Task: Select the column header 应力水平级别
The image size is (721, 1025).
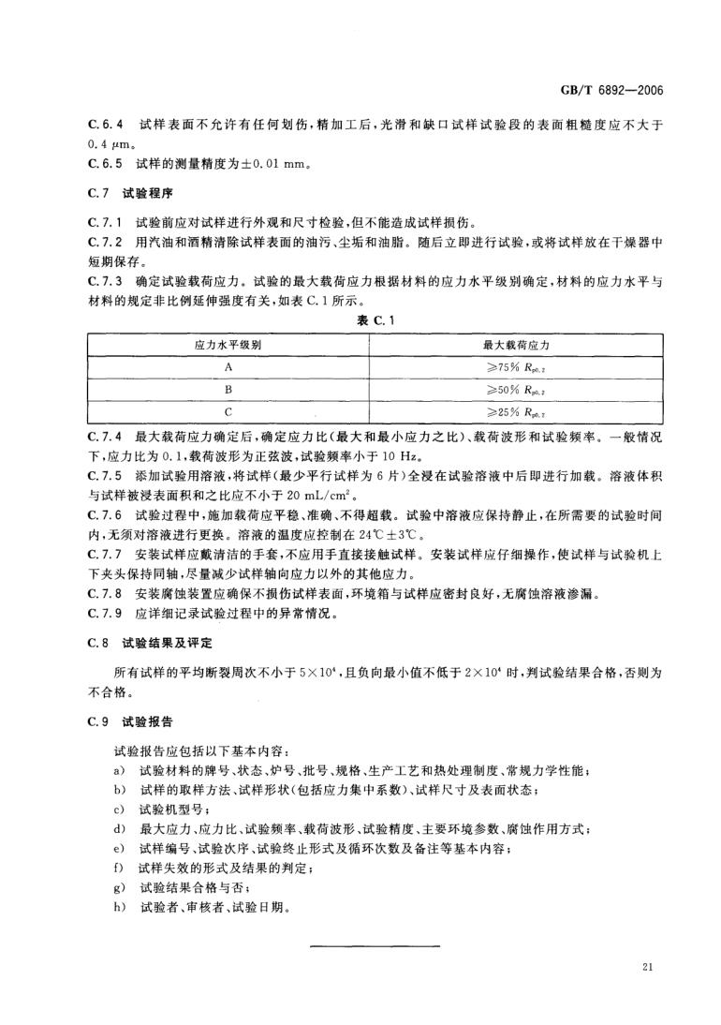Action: click(228, 345)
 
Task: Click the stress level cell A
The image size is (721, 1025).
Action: click(228, 366)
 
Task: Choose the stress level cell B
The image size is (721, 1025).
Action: click(228, 388)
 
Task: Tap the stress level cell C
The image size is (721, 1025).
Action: click(228, 409)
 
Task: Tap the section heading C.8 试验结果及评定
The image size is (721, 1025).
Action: click(150, 646)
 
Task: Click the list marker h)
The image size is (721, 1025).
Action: click(119, 908)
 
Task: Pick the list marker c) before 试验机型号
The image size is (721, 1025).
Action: click(119, 808)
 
